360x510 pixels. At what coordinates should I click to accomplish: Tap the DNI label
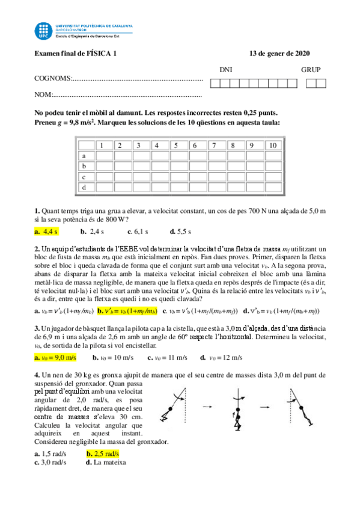pos(226,70)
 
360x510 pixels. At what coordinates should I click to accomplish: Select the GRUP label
pos(311,70)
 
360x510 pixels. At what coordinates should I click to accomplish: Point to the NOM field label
pos(44,95)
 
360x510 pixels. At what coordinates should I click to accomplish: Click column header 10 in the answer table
pos(272,145)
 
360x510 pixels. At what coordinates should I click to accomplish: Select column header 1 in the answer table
pos(103,145)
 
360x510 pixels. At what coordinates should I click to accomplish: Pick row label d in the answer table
pos(84,188)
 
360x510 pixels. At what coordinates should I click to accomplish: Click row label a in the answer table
pos(84,156)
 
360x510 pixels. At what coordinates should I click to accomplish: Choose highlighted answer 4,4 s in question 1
pos(50,231)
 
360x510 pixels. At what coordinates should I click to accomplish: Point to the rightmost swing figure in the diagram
pos(297,409)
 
